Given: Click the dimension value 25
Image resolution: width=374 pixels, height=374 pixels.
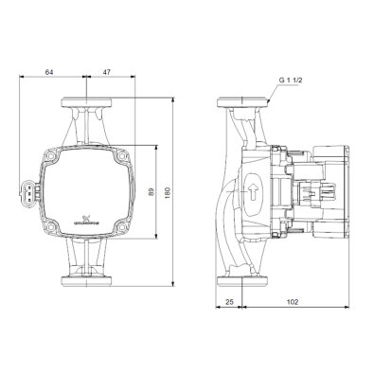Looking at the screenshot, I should tap(230, 302).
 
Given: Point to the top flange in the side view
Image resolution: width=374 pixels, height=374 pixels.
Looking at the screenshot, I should tap(244, 101).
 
